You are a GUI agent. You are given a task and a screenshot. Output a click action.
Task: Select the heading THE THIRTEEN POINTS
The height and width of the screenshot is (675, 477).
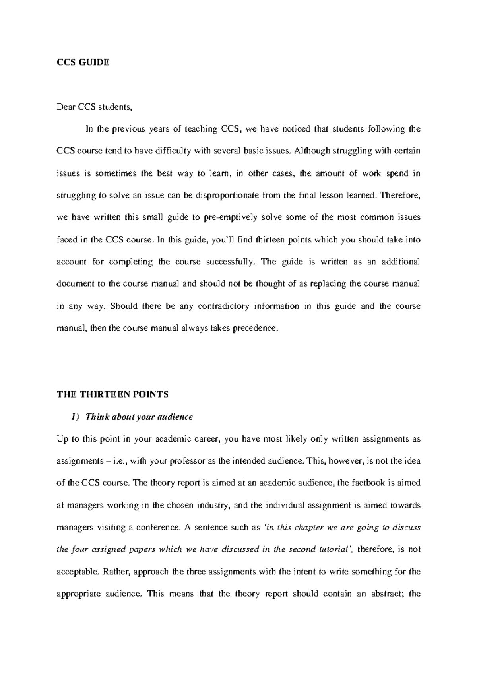(x=113, y=394)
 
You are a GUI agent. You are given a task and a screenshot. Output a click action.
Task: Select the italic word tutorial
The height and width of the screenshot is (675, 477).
(x=339, y=550)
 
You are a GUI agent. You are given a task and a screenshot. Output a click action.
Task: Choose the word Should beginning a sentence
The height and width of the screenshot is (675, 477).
(x=124, y=306)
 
